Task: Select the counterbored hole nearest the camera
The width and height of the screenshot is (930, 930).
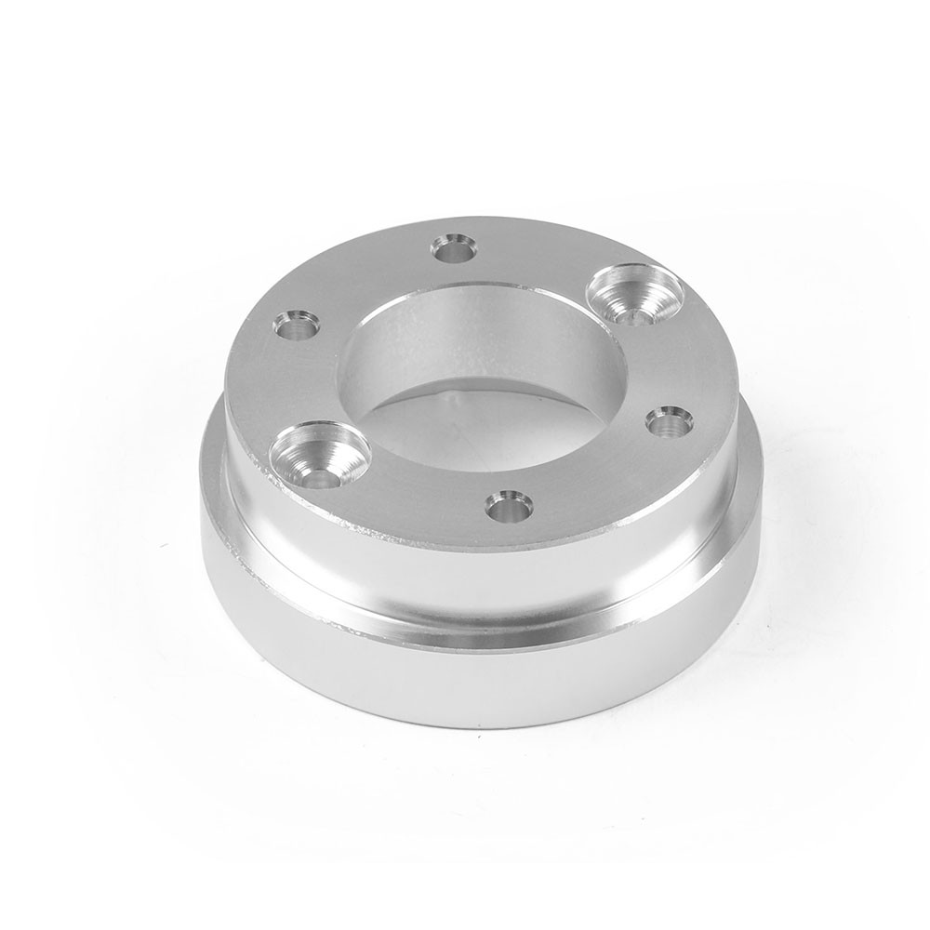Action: click(x=319, y=453)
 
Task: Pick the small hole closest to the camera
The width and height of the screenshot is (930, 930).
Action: click(x=509, y=506)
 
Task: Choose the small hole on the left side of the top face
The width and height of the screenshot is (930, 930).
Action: click(x=297, y=325)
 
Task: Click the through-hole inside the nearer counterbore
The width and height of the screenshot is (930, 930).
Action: click(x=318, y=477)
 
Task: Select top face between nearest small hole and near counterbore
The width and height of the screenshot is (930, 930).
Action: click(x=418, y=493)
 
